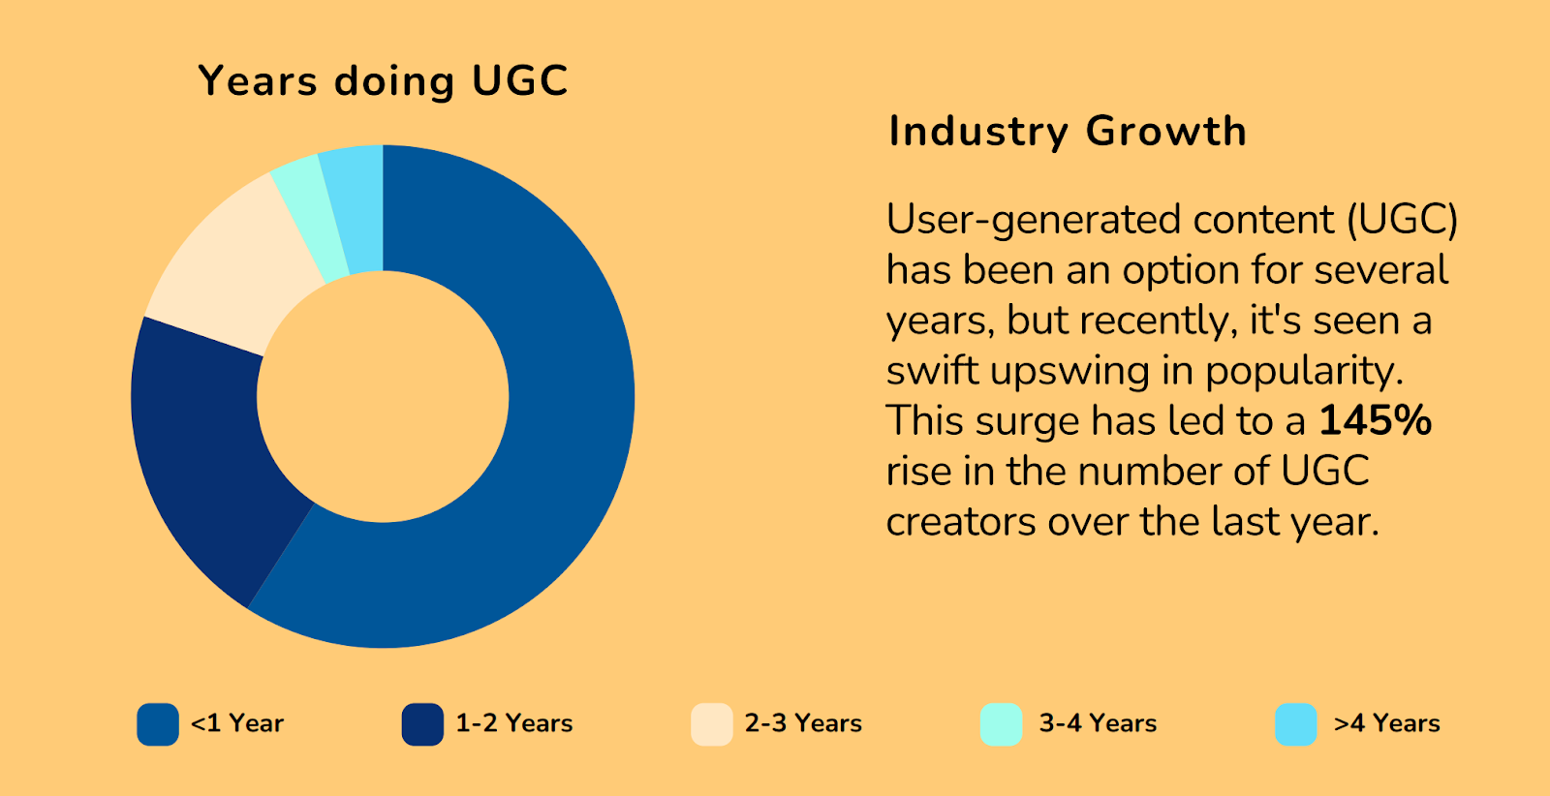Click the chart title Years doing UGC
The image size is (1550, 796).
click(383, 81)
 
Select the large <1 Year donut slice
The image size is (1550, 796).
click(542, 436)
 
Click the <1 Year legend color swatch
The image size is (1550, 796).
click(158, 724)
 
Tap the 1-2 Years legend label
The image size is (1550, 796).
click(513, 724)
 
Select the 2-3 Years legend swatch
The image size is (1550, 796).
click(712, 724)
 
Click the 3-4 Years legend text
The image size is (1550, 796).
click(1098, 724)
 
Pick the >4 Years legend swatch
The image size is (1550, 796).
click(1296, 724)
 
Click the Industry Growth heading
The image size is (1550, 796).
click(1068, 132)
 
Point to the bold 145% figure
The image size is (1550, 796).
click(1376, 421)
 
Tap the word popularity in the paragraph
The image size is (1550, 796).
click(1304, 371)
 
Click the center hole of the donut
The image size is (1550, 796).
click(383, 397)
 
